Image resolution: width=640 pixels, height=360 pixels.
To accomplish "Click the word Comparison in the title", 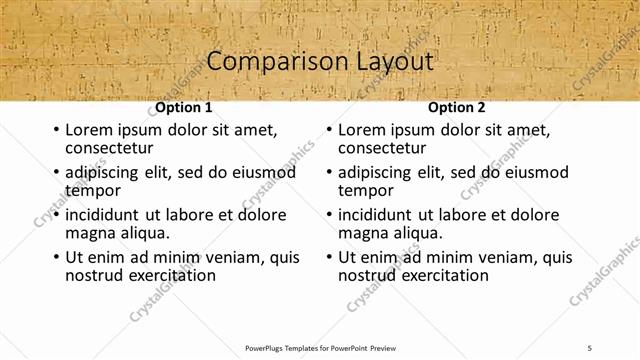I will point(268,62).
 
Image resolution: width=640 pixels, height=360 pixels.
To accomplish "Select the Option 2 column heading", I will point(456,107).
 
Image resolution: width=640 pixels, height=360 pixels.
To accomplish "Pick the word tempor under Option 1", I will point(93,190).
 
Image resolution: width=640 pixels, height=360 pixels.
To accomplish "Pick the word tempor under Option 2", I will point(366,190).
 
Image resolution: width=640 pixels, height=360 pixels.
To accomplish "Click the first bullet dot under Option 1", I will point(55,130).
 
